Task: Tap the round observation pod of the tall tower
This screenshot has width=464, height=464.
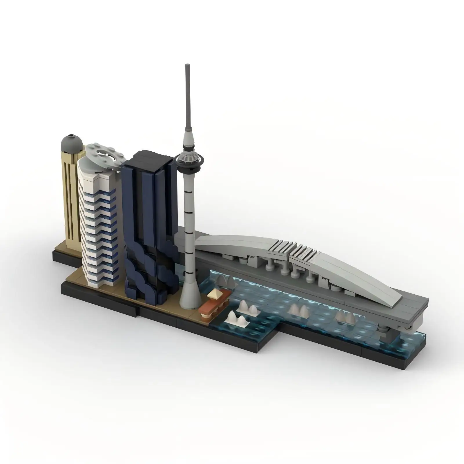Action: [189, 159]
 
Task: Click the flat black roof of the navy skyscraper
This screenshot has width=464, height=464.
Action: [148, 161]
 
